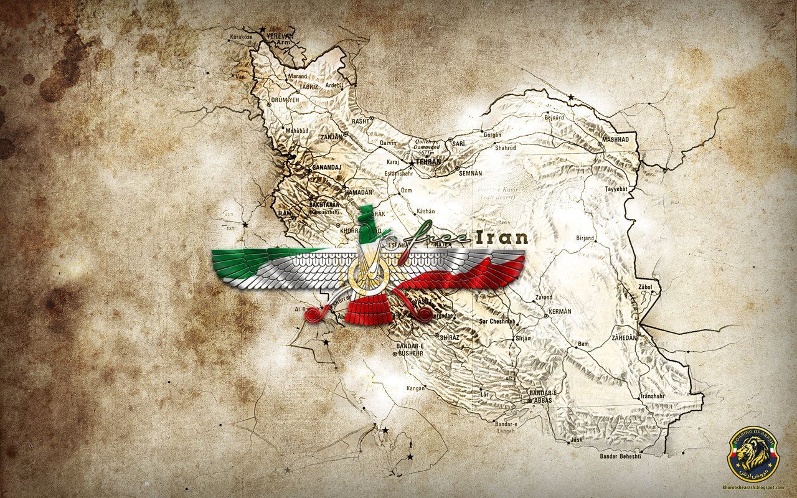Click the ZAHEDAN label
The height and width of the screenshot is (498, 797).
(x=625, y=337)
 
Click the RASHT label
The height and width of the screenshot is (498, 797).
(x=361, y=121)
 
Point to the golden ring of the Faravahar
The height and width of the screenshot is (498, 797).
(x=370, y=274)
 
